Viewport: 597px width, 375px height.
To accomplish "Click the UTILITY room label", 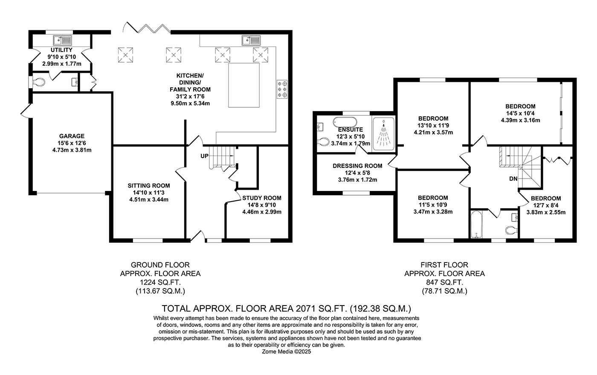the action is pos(61,50).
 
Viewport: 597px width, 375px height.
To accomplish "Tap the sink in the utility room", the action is pos(63,40).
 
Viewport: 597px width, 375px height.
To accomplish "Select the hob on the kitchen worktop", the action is pos(282,89).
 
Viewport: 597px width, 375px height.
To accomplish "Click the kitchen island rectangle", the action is pos(244,85).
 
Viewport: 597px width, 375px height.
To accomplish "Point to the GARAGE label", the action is pos(72,136).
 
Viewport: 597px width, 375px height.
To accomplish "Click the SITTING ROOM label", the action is pos(149,186).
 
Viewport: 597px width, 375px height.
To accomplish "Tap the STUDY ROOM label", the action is pos(262,198).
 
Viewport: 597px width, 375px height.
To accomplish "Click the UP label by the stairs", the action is pos(204,156).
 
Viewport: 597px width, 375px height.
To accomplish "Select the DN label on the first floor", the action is pos(513,179).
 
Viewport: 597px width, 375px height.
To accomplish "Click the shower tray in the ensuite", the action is pos(383,134).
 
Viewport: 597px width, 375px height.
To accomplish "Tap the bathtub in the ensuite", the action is pos(345,122).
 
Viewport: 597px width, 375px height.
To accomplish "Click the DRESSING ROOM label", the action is pos(357,166).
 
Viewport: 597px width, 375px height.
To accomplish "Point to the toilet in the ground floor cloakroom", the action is pos(38,82).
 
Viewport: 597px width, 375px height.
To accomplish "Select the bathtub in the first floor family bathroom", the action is pos(476,225).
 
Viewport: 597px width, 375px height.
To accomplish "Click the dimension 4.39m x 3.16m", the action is pos(521,120).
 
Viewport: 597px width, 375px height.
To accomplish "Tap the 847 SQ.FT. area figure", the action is pos(444,282).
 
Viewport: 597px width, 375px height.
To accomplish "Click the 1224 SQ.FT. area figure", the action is pos(160,282).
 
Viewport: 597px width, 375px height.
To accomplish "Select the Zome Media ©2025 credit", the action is pos(287,352).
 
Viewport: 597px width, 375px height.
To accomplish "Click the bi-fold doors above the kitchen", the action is pos(147,28).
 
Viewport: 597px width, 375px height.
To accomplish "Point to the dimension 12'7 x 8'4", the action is pos(546,205).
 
